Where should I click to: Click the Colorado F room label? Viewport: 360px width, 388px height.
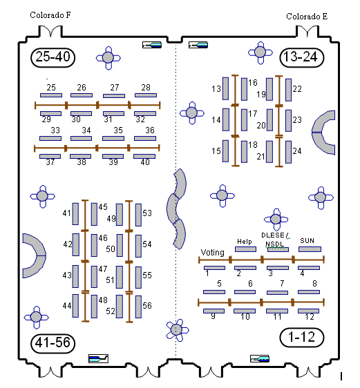coord(50,15)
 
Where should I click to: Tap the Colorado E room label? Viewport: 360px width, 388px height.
coord(307,16)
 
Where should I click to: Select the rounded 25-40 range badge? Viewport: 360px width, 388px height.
coord(53,57)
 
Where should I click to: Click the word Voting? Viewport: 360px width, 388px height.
coord(212,252)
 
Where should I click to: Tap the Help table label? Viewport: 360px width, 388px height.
coord(244,242)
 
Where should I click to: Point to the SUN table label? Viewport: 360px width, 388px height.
coord(307,241)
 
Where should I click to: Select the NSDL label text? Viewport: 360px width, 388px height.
coord(274,244)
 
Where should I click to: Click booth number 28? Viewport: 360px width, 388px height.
coord(146,88)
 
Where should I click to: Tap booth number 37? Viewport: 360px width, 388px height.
coord(50,162)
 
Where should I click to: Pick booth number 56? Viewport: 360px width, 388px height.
coord(146,306)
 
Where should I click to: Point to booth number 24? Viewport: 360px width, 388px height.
coord(297,151)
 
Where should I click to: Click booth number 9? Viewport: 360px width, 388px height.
coord(214,316)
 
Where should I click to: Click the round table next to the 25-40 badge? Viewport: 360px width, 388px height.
coord(108,57)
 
